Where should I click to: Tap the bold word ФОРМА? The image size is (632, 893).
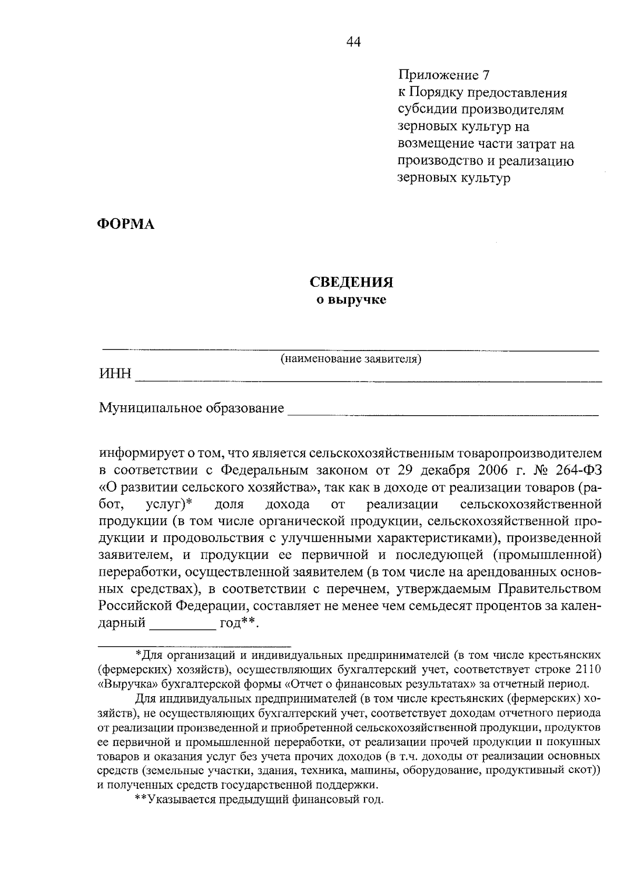click(126, 225)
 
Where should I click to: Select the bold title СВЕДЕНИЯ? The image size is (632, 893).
click(351, 283)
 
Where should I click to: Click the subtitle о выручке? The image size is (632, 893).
click(351, 300)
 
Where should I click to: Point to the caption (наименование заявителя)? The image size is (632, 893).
click(351, 359)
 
